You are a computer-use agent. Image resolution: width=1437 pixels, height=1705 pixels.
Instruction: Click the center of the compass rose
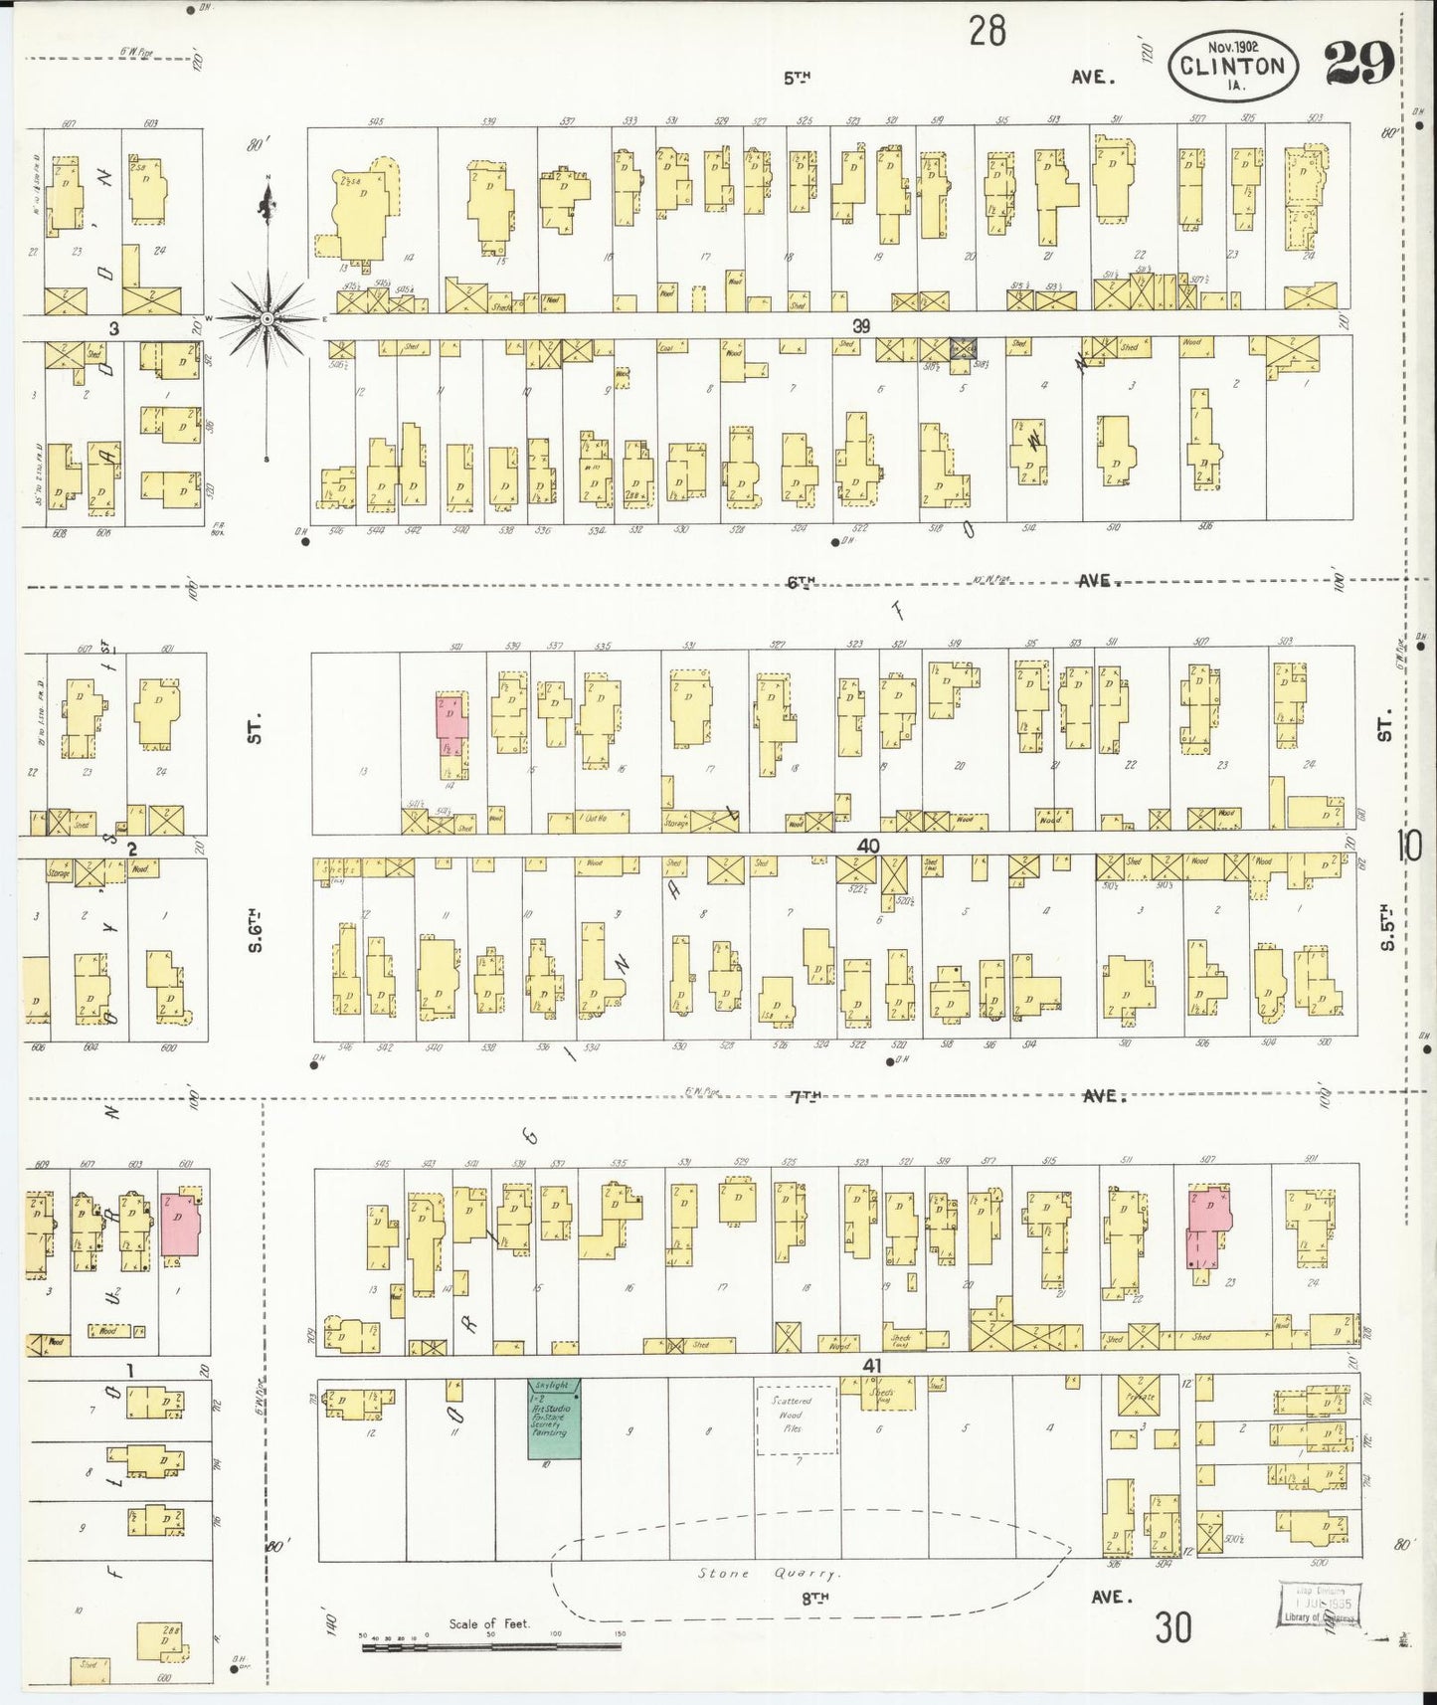[268, 318]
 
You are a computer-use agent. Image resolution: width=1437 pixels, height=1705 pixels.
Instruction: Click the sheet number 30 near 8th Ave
[1173, 1628]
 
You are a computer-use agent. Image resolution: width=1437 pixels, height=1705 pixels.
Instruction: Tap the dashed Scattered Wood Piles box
[795, 1420]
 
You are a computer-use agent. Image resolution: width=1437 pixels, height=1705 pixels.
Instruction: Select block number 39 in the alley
[861, 325]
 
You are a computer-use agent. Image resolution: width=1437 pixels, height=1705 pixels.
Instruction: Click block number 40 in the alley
[868, 846]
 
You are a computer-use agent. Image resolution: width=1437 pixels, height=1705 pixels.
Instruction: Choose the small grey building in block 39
[964, 348]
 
